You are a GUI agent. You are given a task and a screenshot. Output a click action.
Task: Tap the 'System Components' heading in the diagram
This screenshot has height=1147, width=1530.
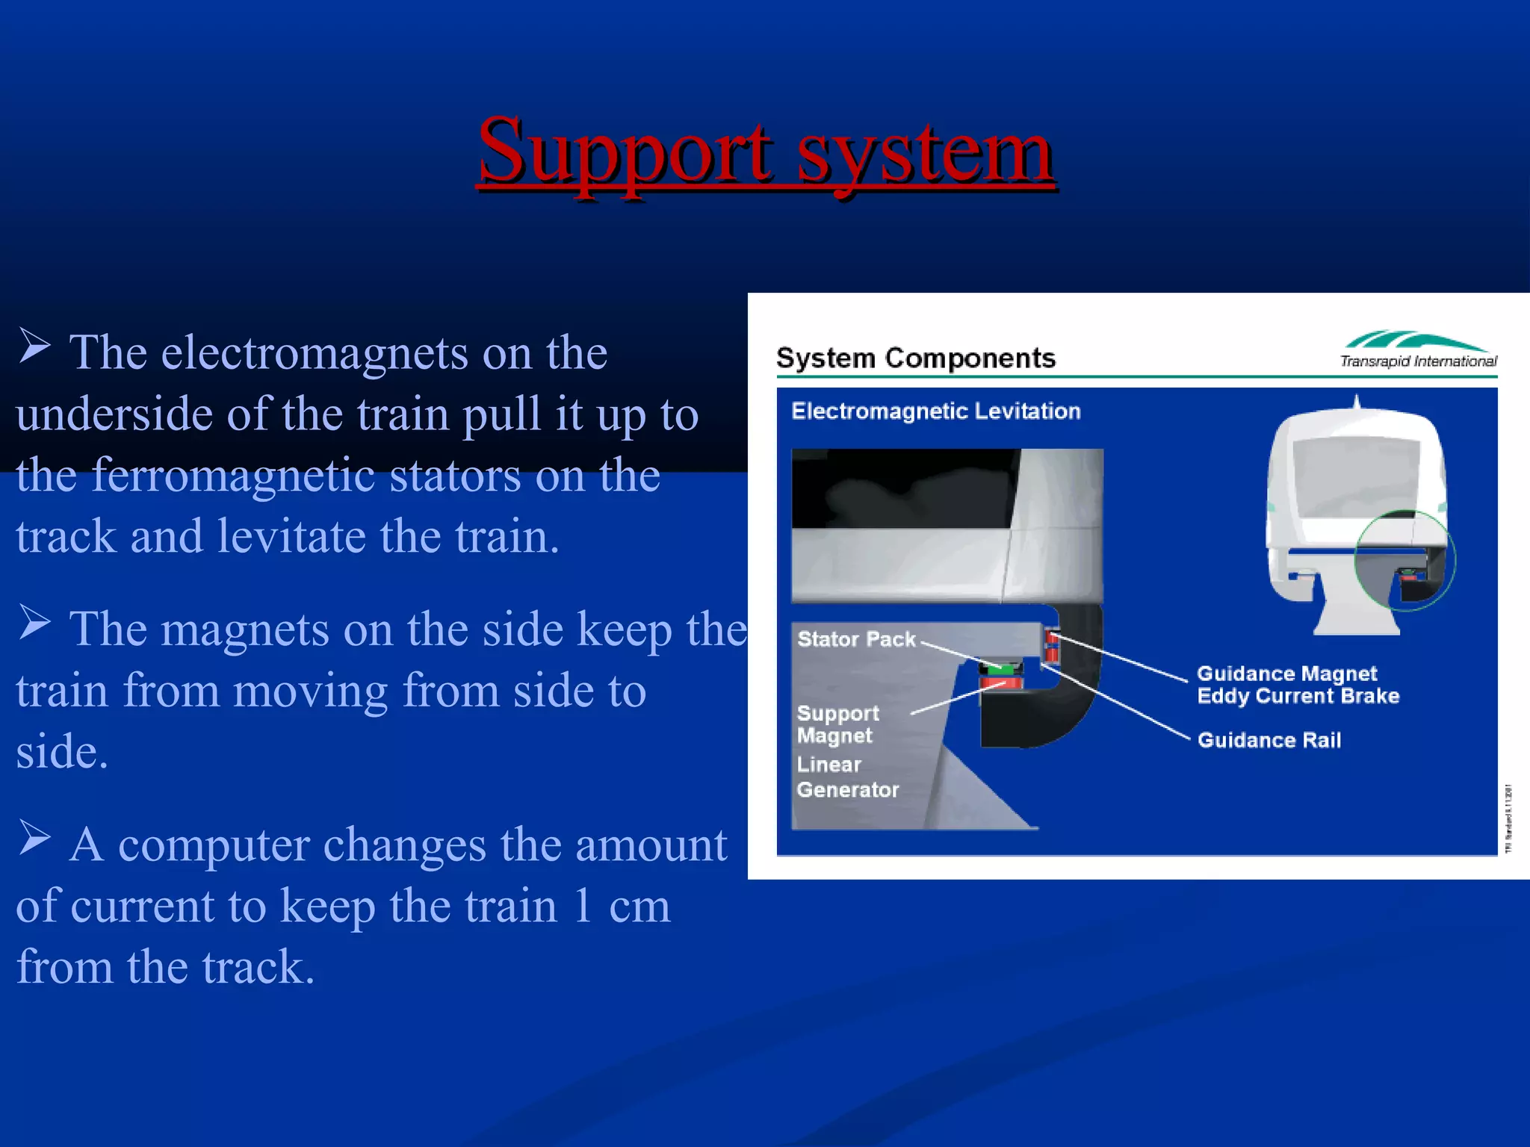coord(916,358)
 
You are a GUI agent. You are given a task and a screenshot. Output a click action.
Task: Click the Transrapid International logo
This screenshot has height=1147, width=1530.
coord(1417,349)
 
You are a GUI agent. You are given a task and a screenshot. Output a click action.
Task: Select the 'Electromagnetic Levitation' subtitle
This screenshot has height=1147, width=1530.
coord(935,411)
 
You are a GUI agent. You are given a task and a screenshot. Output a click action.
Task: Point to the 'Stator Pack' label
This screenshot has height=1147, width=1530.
coord(856,639)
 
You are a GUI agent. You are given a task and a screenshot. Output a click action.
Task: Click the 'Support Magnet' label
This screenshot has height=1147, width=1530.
coord(837,724)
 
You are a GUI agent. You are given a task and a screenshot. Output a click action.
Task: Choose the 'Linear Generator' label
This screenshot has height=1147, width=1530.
coord(847,777)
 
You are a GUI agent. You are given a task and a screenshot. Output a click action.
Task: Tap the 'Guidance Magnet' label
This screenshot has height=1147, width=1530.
coord(1286,674)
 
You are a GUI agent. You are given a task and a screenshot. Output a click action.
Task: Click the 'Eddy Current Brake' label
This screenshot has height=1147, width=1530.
coord(1298,696)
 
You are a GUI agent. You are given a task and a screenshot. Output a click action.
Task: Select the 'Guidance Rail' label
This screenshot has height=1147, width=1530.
coord(1269,740)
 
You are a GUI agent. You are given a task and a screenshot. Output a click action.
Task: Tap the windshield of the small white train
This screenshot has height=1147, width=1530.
coord(1357,474)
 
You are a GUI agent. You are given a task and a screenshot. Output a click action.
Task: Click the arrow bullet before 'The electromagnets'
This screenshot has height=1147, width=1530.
coord(34,346)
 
